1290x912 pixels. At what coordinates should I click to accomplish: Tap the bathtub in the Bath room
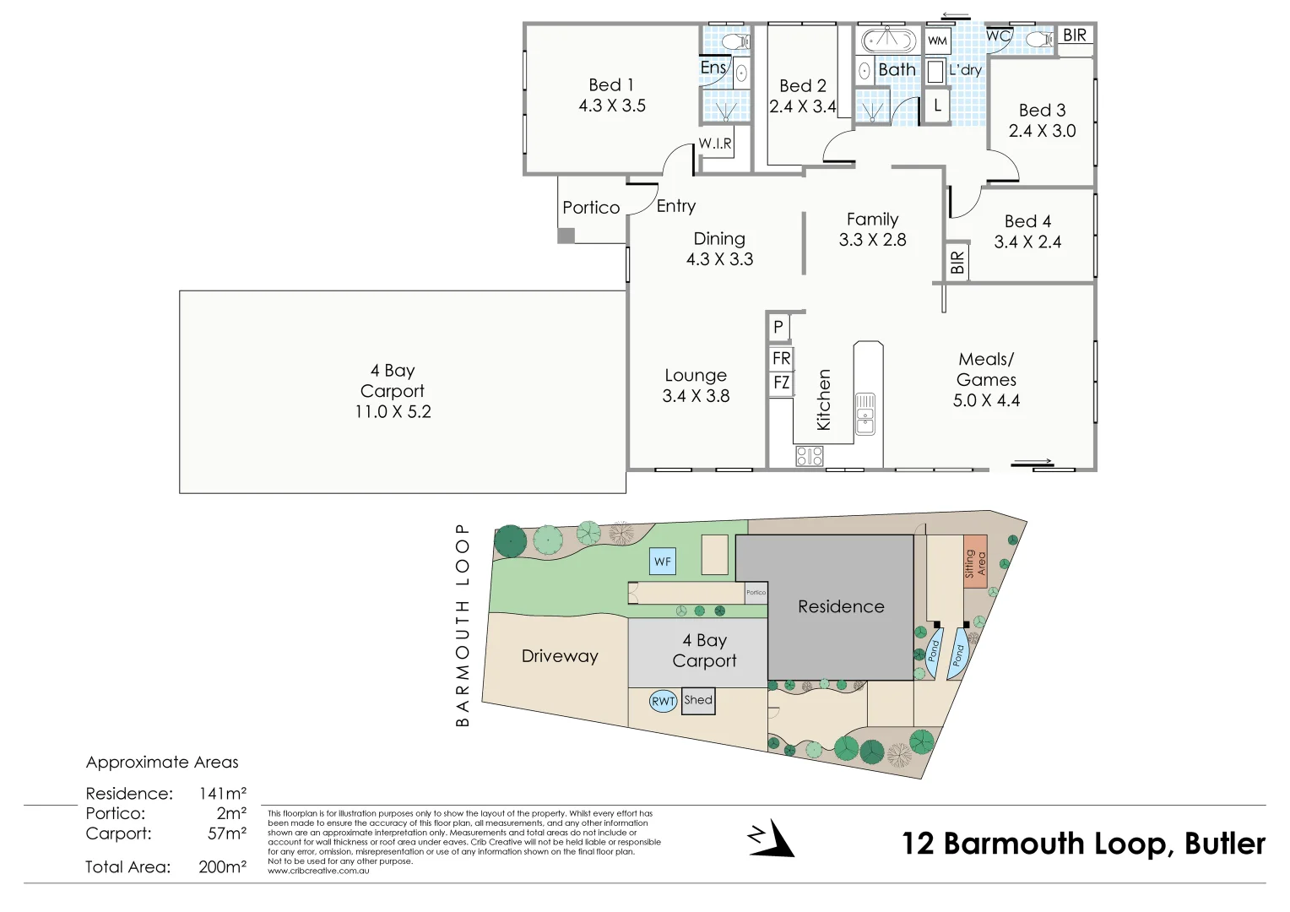(x=887, y=41)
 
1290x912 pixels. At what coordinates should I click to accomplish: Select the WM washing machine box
(x=937, y=41)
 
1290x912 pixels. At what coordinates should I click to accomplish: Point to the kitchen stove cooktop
(x=809, y=457)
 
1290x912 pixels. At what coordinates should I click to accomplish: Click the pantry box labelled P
(x=778, y=327)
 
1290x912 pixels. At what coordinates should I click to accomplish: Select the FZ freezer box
(x=781, y=383)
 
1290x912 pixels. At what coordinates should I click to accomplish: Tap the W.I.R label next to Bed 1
(x=715, y=144)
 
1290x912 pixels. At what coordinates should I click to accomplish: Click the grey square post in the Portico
(x=566, y=236)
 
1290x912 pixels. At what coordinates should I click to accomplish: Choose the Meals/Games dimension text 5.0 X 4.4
(x=986, y=400)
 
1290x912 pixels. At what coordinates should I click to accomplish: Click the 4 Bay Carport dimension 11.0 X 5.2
(x=393, y=412)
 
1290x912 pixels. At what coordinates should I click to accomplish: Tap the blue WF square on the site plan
(x=663, y=562)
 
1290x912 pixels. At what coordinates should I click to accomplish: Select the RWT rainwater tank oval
(x=663, y=701)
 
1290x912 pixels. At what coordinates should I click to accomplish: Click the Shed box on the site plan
(x=698, y=701)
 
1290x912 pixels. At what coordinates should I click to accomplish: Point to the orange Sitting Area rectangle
(x=975, y=562)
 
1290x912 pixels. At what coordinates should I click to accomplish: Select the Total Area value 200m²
(x=222, y=867)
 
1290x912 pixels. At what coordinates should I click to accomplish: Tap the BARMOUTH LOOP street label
(x=462, y=625)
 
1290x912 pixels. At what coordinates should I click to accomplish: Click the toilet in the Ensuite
(x=736, y=41)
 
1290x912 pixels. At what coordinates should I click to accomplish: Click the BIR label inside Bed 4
(x=957, y=263)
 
